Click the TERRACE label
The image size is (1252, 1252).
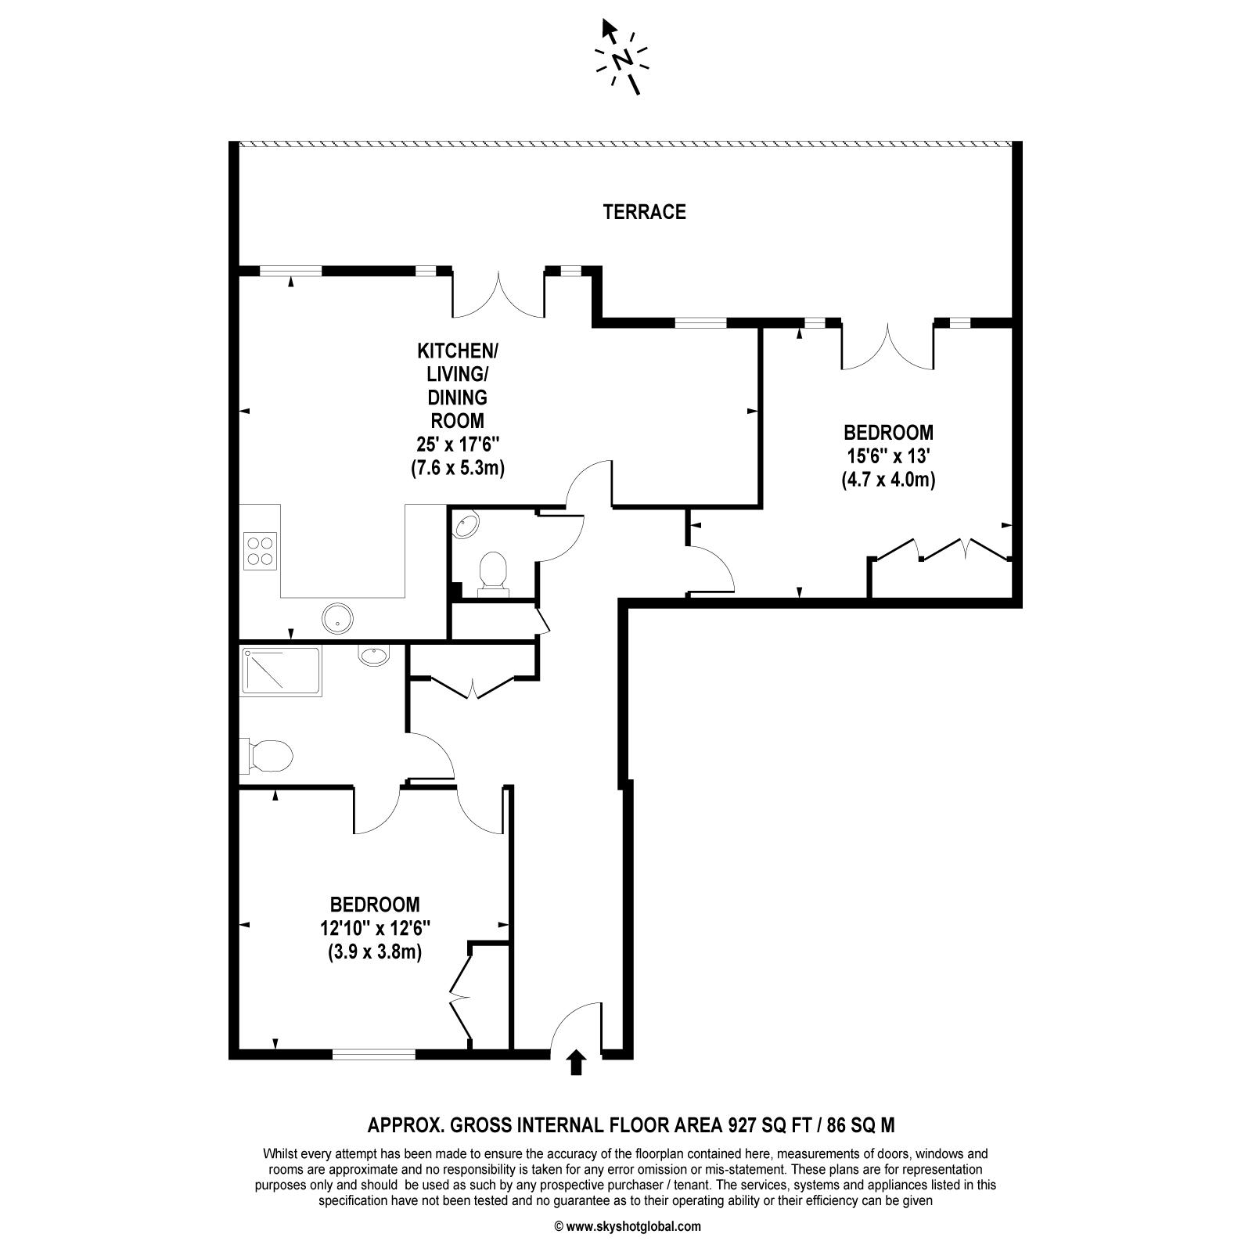[644, 212]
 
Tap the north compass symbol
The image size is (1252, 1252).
[622, 58]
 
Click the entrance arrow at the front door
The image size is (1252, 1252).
[577, 1063]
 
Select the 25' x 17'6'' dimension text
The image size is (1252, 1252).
[458, 444]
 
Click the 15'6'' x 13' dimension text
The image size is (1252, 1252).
[888, 455]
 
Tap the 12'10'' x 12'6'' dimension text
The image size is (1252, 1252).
[375, 929]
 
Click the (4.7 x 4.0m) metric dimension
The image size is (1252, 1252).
[888, 479]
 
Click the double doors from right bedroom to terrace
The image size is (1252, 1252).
[887, 344]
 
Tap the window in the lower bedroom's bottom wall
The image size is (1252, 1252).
[374, 1054]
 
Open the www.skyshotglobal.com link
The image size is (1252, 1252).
[633, 1227]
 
